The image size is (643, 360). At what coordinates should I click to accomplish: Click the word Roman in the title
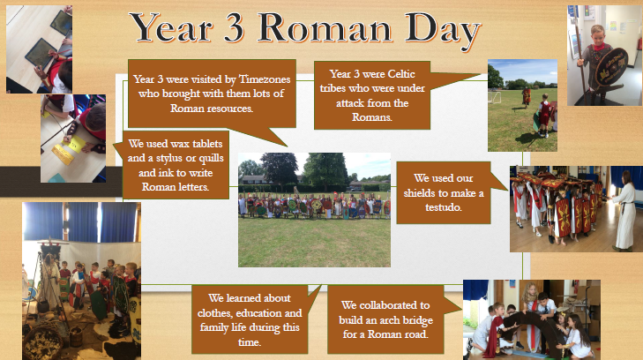pyautogui.click(x=324, y=28)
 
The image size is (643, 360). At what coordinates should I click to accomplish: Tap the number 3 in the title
pyautogui.click(x=234, y=28)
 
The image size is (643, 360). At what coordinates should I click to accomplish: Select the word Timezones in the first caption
pyautogui.click(x=265, y=79)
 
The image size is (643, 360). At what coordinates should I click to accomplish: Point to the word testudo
pyautogui.click(x=444, y=207)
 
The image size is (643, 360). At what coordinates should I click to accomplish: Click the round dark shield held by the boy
pyautogui.click(x=610, y=67)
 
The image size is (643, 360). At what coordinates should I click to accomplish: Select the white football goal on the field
pyautogui.click(x=495, y=97)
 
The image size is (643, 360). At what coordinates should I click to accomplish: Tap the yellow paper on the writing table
pyautogui.click(x=75, y=145)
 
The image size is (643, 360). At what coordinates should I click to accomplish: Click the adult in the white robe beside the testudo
pyautogui.click(x=624, y=210)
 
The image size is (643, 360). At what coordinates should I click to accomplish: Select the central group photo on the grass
pyautogui.click(x=314, y=209)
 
